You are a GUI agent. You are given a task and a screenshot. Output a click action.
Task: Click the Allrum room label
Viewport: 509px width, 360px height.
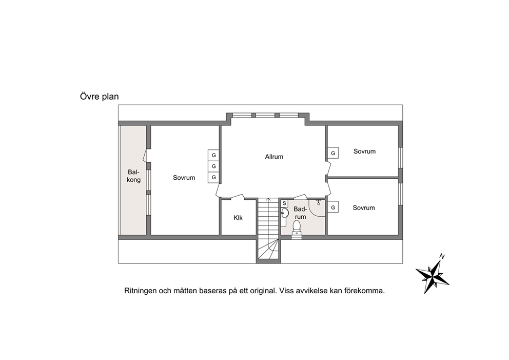(274, 157)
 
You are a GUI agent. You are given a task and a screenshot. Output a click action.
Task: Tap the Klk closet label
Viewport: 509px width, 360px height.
(238, 218)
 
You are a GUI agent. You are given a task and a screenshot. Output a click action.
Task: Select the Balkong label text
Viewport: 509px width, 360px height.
(133, 176)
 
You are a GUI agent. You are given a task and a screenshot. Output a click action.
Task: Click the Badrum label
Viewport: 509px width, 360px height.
(300, 213)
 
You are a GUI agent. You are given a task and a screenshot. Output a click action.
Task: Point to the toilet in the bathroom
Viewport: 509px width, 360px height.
(297, 227)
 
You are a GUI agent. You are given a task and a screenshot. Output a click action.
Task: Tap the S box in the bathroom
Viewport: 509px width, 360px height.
(284, 203)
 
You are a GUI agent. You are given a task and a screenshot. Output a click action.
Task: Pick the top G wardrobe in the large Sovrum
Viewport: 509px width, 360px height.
(213, 155)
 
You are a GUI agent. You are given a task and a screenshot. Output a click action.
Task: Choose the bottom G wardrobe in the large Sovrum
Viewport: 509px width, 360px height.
(213, 177)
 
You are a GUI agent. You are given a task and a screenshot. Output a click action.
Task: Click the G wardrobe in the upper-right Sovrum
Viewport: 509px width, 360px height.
(332, 153)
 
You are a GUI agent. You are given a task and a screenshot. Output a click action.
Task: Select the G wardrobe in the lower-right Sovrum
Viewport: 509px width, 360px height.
(332, 207)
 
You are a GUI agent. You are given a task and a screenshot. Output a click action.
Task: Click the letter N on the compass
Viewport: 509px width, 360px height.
(441, 256)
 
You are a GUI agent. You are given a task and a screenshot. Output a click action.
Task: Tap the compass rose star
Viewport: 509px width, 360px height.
(433, 277)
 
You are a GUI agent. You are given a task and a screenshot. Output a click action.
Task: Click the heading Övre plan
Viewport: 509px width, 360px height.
(100, 97)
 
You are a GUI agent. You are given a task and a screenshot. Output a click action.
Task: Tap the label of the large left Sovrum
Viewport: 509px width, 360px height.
(184, 178)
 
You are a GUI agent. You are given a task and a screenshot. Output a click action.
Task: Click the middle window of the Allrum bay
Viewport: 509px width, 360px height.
(265, 115)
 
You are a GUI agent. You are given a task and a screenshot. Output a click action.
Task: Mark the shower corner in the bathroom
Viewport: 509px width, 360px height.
(317, 207)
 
